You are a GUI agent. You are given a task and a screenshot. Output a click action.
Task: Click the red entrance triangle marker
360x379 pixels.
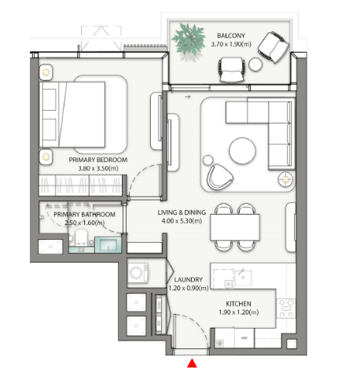(x=192, y=363)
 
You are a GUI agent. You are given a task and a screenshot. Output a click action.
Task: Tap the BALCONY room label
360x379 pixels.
(x=231, y=35)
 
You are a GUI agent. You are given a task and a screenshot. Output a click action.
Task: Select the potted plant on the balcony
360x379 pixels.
(x=189, y=40)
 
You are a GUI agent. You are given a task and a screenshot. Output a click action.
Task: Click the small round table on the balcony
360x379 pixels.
(x=255, y=64)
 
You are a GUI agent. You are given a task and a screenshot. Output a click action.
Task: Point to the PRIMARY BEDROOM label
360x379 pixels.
(x=98, y=160)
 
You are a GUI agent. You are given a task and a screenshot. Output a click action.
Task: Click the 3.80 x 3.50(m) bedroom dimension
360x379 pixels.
(x=98, y=168)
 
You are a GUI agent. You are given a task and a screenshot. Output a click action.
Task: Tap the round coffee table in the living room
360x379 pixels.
(x=242, y=151)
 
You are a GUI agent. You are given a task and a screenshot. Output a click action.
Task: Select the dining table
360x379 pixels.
(x=235, y=227)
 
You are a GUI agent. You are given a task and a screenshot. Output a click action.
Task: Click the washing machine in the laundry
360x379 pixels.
(x=138, y=273)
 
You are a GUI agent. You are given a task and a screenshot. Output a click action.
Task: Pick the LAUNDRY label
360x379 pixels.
(x=188, y=279)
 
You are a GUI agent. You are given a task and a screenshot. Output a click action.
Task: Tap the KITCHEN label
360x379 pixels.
(x=238, y=304)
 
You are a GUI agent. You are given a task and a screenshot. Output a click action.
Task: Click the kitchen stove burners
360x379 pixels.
(x=286, y=308)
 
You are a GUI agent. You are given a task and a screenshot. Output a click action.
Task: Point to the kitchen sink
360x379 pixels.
(x=243, y=278)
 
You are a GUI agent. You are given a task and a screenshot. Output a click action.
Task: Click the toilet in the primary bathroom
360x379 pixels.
(x=81, y=237)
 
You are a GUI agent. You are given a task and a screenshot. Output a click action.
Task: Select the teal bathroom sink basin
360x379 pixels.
(x=108, y=245)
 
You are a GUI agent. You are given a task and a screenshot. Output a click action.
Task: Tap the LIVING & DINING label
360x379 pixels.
(x=182, y=212)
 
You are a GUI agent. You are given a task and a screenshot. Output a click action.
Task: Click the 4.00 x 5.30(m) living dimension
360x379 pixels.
(x=182, y=221)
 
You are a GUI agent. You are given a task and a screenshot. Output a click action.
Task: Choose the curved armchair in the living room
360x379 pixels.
(x=219, y=177)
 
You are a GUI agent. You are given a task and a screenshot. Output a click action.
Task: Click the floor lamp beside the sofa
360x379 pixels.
(x=285, y=179)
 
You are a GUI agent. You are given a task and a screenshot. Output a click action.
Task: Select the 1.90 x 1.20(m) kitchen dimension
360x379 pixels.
(x=238, y=312)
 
